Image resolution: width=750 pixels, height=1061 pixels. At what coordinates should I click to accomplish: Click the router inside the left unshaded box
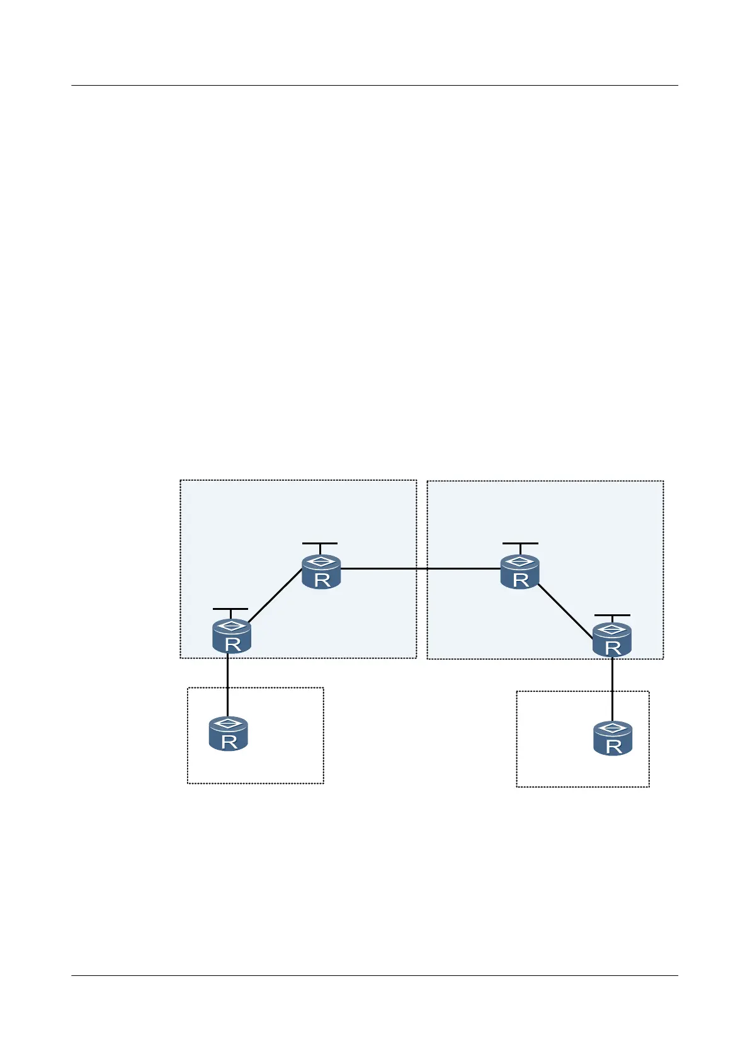pos(228,734)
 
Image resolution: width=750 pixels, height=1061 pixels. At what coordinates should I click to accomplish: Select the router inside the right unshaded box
pos(613,738)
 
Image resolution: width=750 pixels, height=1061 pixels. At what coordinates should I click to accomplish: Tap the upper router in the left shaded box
pos(321,572)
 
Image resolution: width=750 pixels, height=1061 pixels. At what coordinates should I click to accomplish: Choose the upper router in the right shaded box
pos(520,572)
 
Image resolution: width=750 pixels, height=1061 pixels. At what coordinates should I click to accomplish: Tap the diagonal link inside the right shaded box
pos(565,611)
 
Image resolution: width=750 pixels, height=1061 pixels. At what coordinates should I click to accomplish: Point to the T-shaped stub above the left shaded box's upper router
pos(320,544)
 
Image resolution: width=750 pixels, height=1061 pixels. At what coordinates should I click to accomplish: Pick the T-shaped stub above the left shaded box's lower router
pos(230,610)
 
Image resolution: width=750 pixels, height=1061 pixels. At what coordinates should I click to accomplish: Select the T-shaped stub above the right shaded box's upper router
pos(520,544)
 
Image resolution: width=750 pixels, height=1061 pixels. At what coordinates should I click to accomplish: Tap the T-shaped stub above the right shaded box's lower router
pos(612,616)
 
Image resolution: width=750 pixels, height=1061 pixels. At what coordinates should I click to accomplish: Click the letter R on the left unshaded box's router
pos(229,742)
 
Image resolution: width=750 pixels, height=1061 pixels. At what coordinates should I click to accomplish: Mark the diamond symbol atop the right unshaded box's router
pos(613,728)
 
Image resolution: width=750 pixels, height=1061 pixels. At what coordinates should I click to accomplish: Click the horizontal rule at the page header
pos(375,85)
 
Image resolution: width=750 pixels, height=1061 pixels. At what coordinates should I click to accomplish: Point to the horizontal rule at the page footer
pos(375,976)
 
